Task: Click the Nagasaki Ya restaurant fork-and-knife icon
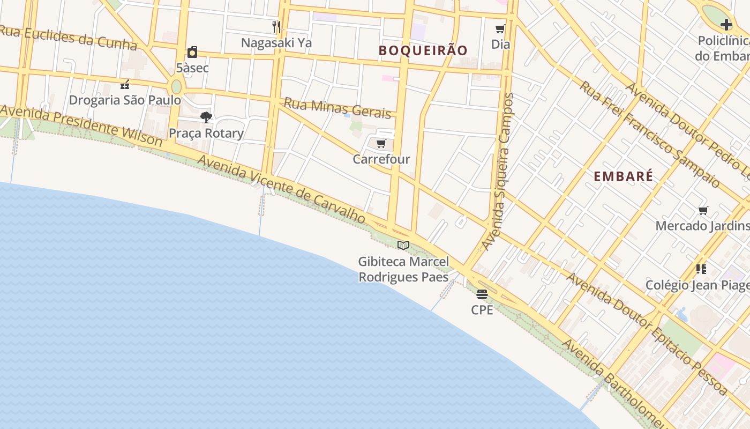(x=276, y=26)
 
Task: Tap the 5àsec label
(x=192, y=68)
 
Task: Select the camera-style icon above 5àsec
(x=192, y=52)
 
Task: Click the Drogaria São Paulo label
(x=125, y=100)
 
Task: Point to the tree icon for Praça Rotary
(x=206, y=117)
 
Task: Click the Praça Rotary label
(x=206, y=132)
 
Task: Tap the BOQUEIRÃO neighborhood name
(x=423, y=50)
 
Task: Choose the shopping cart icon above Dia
(x=500, y=28)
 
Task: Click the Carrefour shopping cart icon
(x=381, y=143)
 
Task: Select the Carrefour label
(x=381, y=159)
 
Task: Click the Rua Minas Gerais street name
(x=337, y=107)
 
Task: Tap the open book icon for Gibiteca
(x=403, y=245)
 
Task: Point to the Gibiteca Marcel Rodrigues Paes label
(x=403, y=269)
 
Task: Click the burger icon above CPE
(x=482, y=294)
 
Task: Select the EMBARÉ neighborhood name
(x=624, y=176)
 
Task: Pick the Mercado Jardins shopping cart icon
(x=703, y=210)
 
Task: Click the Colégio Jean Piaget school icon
(x=701, y=269)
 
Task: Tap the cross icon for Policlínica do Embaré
(x=726, y=25)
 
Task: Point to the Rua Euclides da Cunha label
(x=69, y=37)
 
